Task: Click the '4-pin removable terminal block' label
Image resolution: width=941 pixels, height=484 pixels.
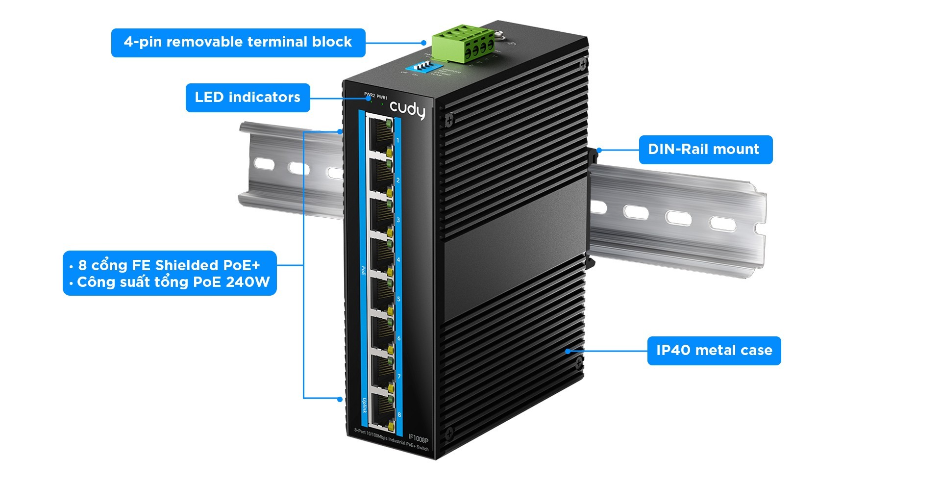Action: (238, 43)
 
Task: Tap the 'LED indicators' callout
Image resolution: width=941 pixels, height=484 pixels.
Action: (248, 98)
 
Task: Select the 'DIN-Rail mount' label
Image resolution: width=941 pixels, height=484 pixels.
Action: (705, 150)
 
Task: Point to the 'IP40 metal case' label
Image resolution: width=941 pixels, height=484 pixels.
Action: (714, 351)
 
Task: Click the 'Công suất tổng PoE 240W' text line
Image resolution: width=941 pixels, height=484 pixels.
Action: (173, 282)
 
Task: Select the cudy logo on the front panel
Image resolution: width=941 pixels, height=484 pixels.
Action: (407, 109)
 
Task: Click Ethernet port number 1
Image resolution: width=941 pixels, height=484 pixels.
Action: (379, 134)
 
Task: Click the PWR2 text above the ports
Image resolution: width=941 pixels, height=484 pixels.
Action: (369, 95)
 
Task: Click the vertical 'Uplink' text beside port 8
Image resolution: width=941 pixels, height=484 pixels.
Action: (364, 405)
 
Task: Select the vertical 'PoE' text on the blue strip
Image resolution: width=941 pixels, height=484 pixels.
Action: (363, 270)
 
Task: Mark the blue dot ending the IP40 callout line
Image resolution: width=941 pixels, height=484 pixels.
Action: (568, 351)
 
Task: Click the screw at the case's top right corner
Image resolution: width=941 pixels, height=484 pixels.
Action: (583, 64)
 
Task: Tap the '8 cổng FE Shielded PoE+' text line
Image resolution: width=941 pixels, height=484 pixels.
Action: (169, 265)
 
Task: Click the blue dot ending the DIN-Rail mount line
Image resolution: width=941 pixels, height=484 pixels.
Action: (599, 150)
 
